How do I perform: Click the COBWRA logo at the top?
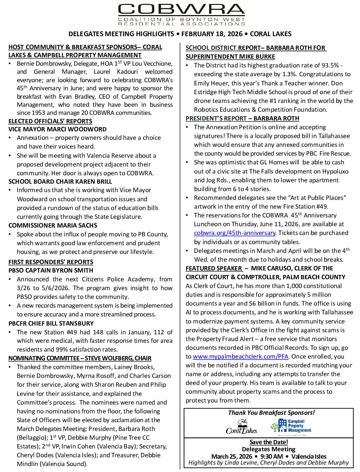pos(181,15)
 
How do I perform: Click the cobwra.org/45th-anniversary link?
pos(234,233)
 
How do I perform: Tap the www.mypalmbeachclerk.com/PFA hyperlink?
pos(241,356)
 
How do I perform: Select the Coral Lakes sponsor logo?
pos(241,427)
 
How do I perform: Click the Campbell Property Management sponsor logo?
pos(291,426)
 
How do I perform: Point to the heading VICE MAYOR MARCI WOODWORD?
pos(57,129)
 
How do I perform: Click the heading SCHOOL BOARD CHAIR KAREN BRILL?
pos(60,182)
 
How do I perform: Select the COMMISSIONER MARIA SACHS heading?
pos(53,225)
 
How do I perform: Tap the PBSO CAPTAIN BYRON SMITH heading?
pos(51,270)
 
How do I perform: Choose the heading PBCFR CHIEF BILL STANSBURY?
pos(51,323)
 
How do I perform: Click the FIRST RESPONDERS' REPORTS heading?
pos(51,262)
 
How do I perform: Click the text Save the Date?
pos(269,442)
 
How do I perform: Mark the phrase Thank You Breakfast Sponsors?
pos(271,413)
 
